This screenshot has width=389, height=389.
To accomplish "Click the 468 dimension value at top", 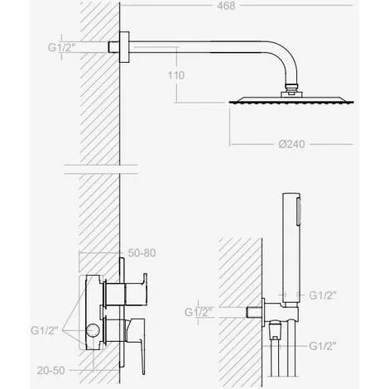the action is click(226, 6).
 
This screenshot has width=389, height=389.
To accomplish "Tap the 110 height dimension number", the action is click(176, 75).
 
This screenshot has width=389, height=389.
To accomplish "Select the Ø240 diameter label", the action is click(291, 144).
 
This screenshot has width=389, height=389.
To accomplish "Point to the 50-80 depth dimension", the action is click(142, 252).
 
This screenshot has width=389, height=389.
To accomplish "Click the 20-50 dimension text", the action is click(51, 370).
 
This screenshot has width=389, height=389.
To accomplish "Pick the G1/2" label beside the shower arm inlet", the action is click(62, 47).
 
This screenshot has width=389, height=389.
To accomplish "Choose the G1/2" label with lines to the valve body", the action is click(45, 330).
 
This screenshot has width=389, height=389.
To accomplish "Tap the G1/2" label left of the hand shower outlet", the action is click(198, 312).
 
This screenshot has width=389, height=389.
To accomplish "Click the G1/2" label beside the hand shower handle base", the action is click(323, 295).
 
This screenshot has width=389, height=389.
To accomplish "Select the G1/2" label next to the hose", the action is click(323, 346).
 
